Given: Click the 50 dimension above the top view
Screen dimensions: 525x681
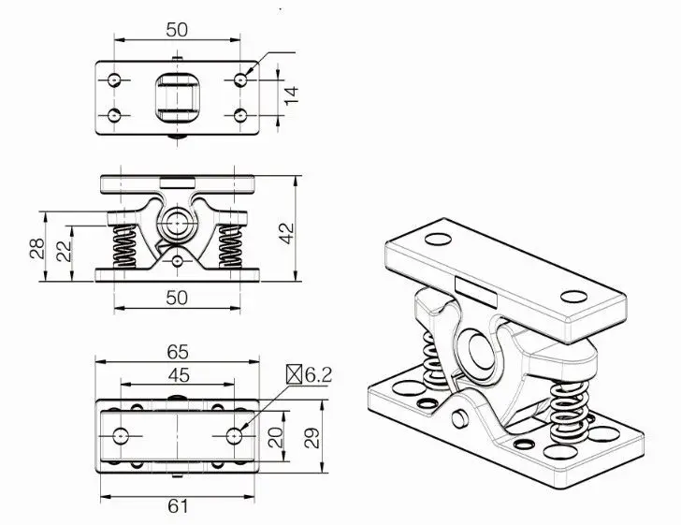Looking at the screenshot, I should click(x=177, y=29).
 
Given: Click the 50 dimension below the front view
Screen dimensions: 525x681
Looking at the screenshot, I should click(x=177, y=297).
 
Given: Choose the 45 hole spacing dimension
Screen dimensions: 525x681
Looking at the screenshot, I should click(x=178, y=374).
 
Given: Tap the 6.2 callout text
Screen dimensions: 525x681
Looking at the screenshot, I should click(x=319, y=375).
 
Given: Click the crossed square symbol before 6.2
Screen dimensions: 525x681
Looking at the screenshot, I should click(x=296, y=375).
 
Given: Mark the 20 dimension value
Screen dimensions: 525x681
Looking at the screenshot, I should click(x=276, y=437).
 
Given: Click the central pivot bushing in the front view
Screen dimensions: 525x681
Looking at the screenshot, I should click(x=176, y=226).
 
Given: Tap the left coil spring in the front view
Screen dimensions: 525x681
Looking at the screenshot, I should click(x=123, y=247).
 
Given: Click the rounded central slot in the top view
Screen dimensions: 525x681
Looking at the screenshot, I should click(x=177, y=97).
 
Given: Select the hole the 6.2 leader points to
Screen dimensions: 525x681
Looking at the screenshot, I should click(x=236, y=436).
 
